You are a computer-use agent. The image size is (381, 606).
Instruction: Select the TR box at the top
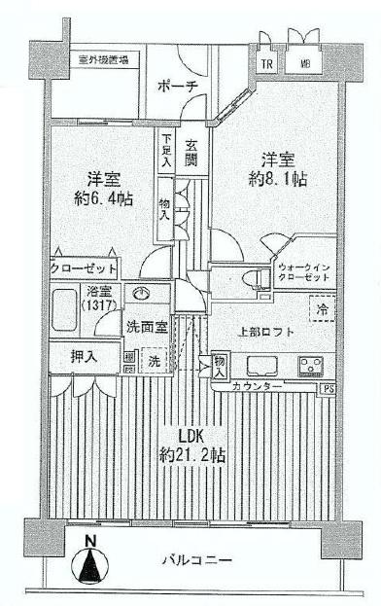[x=264, y=64]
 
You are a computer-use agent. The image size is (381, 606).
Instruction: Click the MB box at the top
[x=305, y=64]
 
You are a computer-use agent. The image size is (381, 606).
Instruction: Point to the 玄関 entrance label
[x=192, y=153]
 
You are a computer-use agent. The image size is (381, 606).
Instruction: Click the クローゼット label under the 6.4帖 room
[x=85, y=267]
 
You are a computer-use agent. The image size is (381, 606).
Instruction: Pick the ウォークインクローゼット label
[x=303, y=271]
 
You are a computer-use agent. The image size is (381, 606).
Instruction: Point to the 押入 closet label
[x=84, y=358]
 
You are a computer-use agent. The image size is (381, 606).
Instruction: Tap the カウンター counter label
[x=258, y=387]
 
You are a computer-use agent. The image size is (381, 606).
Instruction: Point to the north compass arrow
[x=90, y=562]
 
